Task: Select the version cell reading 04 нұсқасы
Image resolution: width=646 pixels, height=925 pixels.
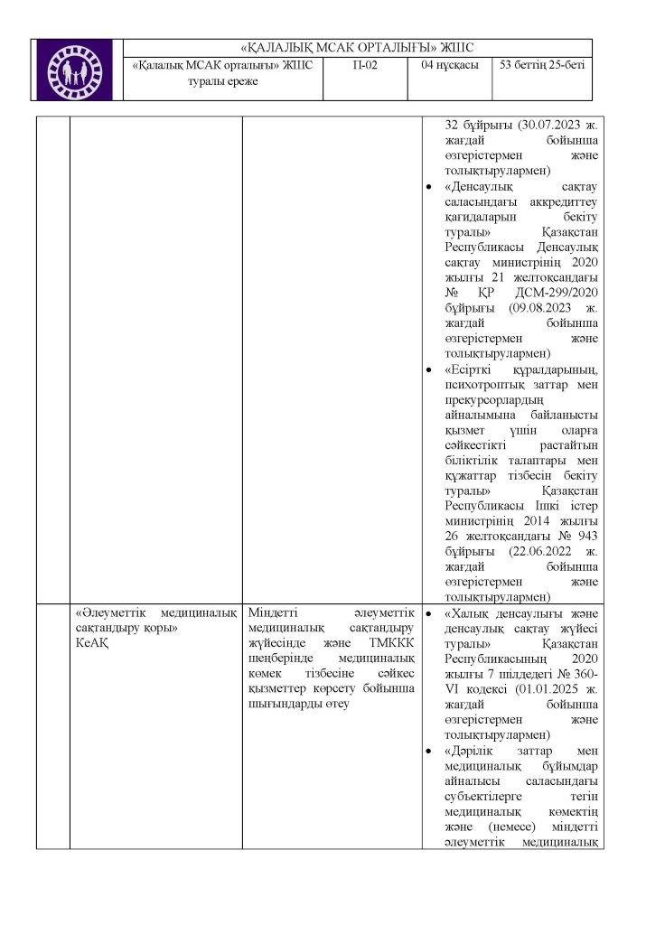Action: point(449,65)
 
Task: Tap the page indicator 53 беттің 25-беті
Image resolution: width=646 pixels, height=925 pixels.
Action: point(540,65)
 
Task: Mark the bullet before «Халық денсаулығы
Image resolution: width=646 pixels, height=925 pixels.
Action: point(428,613)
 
